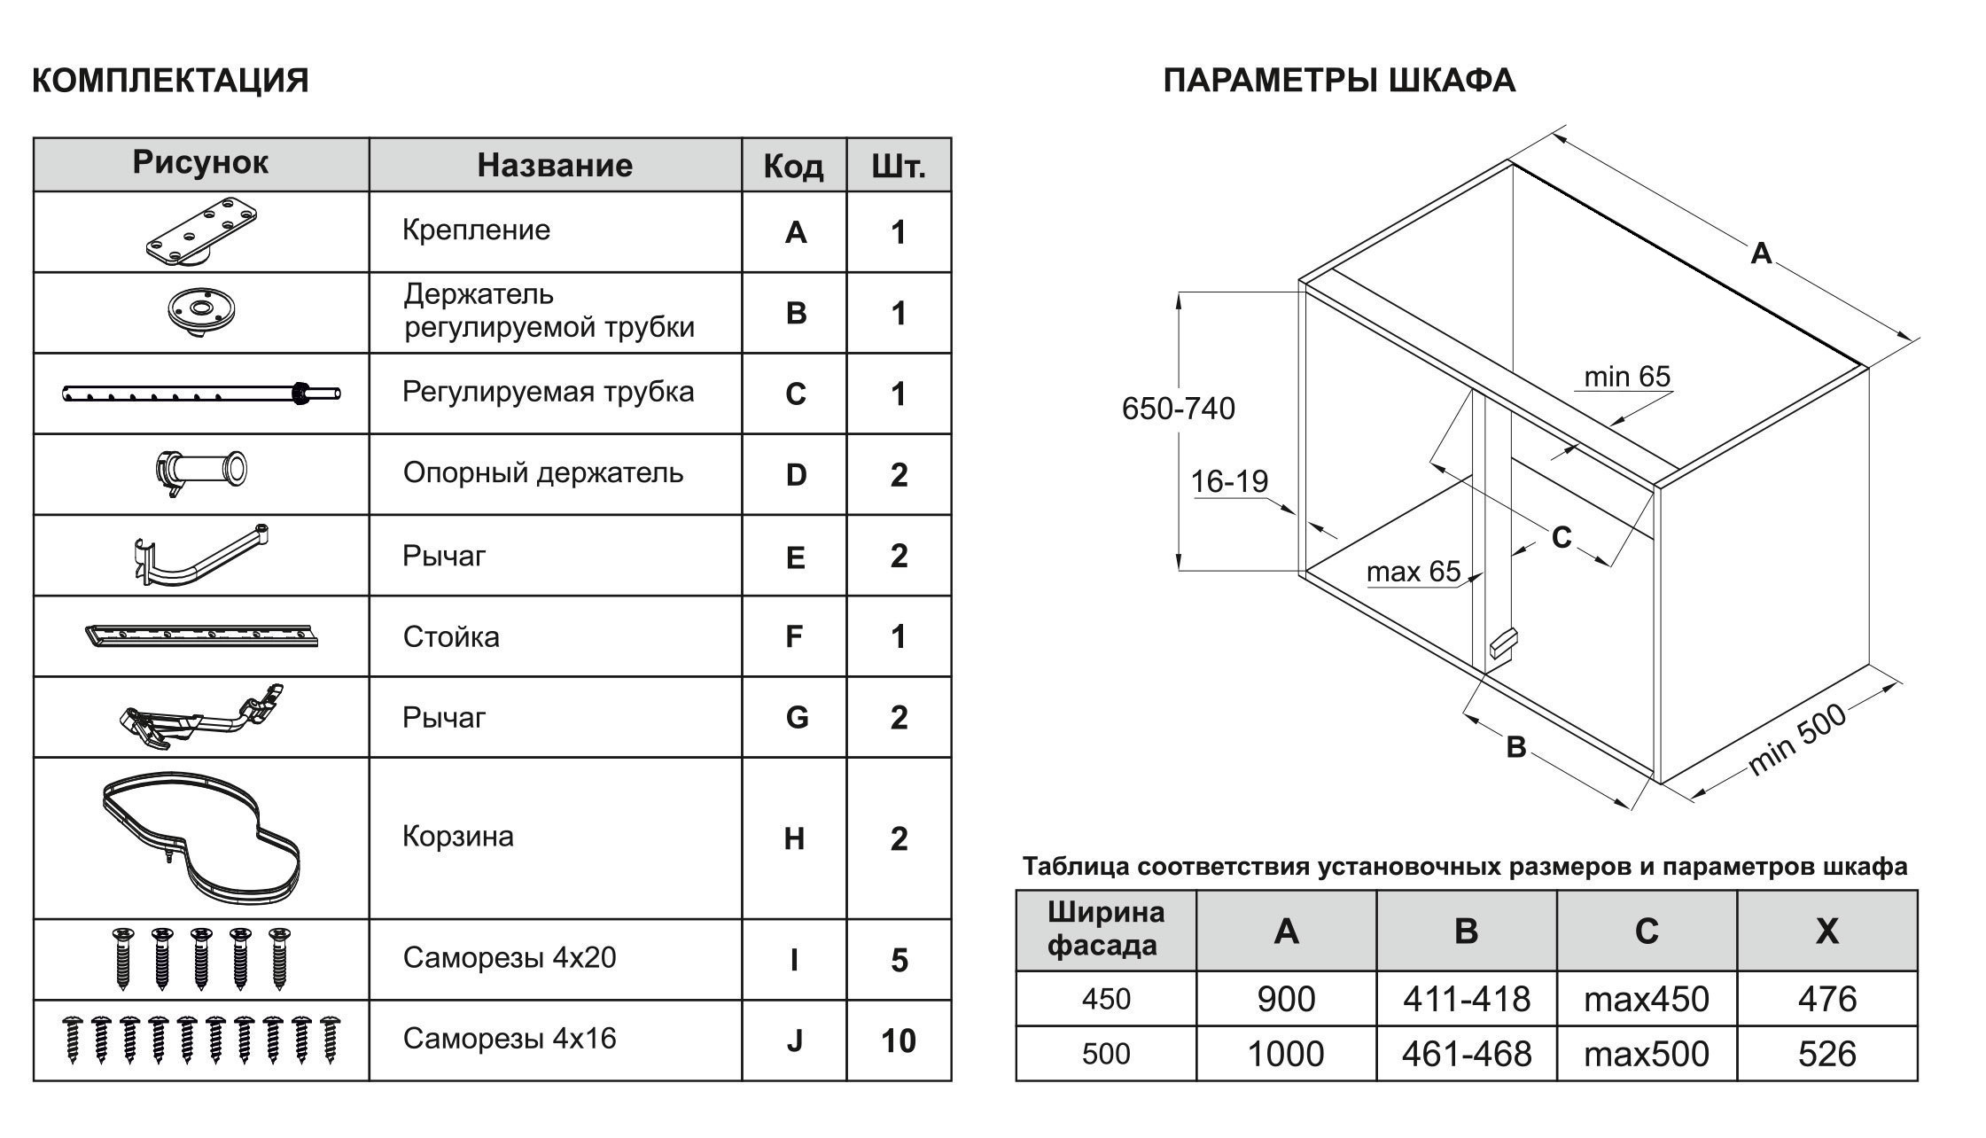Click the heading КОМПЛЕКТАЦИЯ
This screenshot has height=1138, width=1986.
pos(170,81)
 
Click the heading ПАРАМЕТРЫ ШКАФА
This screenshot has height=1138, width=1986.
pos(1338,81)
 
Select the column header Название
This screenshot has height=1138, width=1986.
pos(555,166)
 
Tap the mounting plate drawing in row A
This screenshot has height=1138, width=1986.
pos(202,232)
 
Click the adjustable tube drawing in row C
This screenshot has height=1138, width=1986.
pos(201,394)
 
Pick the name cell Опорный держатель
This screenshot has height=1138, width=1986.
pos(543,473)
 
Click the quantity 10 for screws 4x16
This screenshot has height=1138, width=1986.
pos(898,1041)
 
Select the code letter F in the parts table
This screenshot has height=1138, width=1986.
pos(794,636)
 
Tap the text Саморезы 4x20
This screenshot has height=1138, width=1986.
pos(509,958)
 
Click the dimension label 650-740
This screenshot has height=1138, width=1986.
pos(1178,409)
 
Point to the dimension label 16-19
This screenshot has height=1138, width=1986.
pos(1229,481)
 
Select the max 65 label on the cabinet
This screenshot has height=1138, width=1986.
pos(1413,572)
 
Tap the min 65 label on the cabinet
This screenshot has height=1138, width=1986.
pos(1627,377)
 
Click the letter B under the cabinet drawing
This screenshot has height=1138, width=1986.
pos(1516,747)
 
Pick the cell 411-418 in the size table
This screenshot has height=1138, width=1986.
pos(1466,999)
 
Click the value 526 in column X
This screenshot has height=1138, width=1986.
pos(1826,1054)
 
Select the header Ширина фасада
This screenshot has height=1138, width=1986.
pos(1105,929)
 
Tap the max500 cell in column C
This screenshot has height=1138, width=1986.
pos(1646,1054)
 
